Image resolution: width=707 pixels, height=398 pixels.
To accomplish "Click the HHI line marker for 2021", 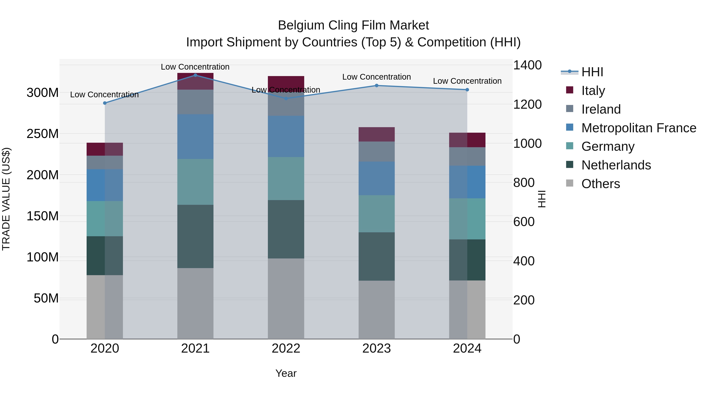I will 195,75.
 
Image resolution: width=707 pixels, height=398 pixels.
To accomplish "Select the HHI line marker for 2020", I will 104,103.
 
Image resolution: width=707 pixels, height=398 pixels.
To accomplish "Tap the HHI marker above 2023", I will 376,85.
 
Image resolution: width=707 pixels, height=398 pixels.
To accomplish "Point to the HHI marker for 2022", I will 286,98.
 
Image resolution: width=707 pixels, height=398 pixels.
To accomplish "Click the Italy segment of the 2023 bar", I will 376,134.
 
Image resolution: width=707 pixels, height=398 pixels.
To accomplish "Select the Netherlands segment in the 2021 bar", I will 195,236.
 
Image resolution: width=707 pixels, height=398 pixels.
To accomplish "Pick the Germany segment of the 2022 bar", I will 286,178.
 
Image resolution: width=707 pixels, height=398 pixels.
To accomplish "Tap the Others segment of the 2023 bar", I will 376,310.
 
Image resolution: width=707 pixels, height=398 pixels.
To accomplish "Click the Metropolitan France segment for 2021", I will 195,137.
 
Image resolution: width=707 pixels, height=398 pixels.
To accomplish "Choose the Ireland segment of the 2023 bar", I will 376,152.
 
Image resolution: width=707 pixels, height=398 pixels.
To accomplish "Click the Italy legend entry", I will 593,91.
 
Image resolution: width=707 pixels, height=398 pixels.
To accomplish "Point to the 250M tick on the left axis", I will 43,134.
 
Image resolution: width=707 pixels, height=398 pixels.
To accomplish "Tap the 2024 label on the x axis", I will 467,348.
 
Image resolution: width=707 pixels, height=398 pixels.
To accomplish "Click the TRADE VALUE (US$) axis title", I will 6,199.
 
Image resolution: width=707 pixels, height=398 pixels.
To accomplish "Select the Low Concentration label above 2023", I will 376,77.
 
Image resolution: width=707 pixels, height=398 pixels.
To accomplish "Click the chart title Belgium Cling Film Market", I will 353,25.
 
